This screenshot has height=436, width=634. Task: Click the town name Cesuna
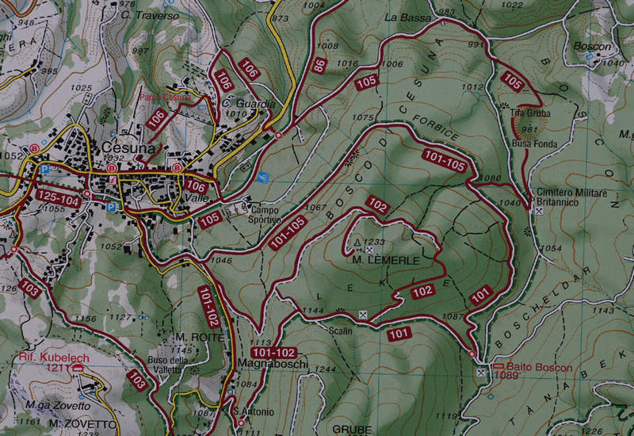pos(128,148)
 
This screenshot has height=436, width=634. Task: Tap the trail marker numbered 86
pos(319,68)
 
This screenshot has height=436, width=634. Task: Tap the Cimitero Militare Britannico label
pos(571,198)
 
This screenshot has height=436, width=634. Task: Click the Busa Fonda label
pos(535,143)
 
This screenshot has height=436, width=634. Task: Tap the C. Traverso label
pos(156,15)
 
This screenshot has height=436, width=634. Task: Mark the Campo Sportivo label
pos(266,215)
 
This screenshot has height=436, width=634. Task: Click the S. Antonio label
pos(254,411)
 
